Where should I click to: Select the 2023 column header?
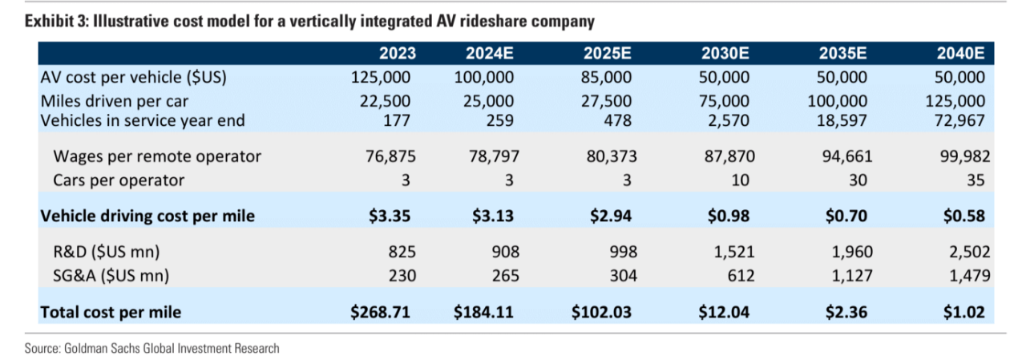pos(398,55)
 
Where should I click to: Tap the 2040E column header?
pos(960,55)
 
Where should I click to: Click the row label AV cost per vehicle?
pos(133,78)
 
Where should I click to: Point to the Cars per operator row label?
pos(119,180)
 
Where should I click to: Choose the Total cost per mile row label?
pos(111,312)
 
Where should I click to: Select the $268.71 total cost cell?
pos(381,312)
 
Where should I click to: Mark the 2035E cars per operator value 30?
pos(858,180)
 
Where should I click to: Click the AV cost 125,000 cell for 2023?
pos(381,78)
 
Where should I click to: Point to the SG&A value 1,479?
pos(968,275)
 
